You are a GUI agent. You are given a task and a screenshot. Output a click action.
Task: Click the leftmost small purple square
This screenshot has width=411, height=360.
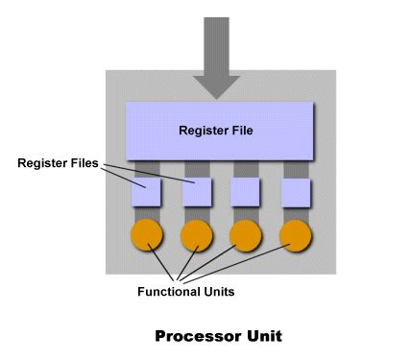coord(147,193)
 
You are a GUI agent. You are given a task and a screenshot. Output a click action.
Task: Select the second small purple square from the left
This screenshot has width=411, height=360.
coord(197,193)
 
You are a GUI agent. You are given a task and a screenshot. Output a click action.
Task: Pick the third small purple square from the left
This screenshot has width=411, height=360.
coord(247,192)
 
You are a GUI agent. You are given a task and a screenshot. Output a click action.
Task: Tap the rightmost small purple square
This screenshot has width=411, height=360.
coord(296,193)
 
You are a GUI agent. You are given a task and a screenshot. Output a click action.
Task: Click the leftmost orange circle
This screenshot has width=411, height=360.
coord(147,236)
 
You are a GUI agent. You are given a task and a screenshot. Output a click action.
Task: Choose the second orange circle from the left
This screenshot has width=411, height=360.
coord(197,236)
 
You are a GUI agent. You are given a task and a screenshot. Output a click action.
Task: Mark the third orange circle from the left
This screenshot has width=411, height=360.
coord(247,236)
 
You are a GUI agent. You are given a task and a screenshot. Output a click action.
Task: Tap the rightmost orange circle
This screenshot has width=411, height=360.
coord(296,236)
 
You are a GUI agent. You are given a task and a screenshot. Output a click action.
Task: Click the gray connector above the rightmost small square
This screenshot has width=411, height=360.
coord(296,170)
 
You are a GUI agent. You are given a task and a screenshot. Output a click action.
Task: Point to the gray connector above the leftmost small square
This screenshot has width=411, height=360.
coord(147,170)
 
